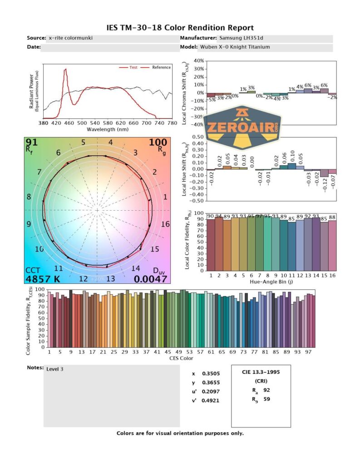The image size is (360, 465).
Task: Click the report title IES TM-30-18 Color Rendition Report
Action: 180,28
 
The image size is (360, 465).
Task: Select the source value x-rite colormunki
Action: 70,38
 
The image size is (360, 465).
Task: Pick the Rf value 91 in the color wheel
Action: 32,143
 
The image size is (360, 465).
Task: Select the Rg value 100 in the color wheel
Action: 158,143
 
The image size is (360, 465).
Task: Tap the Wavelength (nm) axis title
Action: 108,129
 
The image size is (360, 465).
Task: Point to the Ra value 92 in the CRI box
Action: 266,390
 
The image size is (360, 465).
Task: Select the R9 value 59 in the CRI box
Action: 266,400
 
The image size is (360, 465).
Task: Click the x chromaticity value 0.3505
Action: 209,374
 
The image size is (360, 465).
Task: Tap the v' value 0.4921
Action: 209,401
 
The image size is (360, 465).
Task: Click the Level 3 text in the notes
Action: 55,369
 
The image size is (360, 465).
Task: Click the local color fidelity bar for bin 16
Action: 332,245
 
